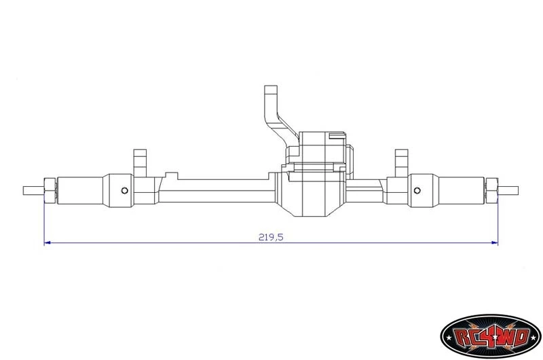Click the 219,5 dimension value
[271, 237]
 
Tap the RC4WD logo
[491, 336]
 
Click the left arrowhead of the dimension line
[48, 243]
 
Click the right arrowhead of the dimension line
[495, 243]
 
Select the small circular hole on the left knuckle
[125, 190]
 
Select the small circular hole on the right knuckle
[417, 190]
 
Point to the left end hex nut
[50, 190]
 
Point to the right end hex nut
[491, 190]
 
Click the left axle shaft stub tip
[24, 190]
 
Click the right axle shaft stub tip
[518, 190]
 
